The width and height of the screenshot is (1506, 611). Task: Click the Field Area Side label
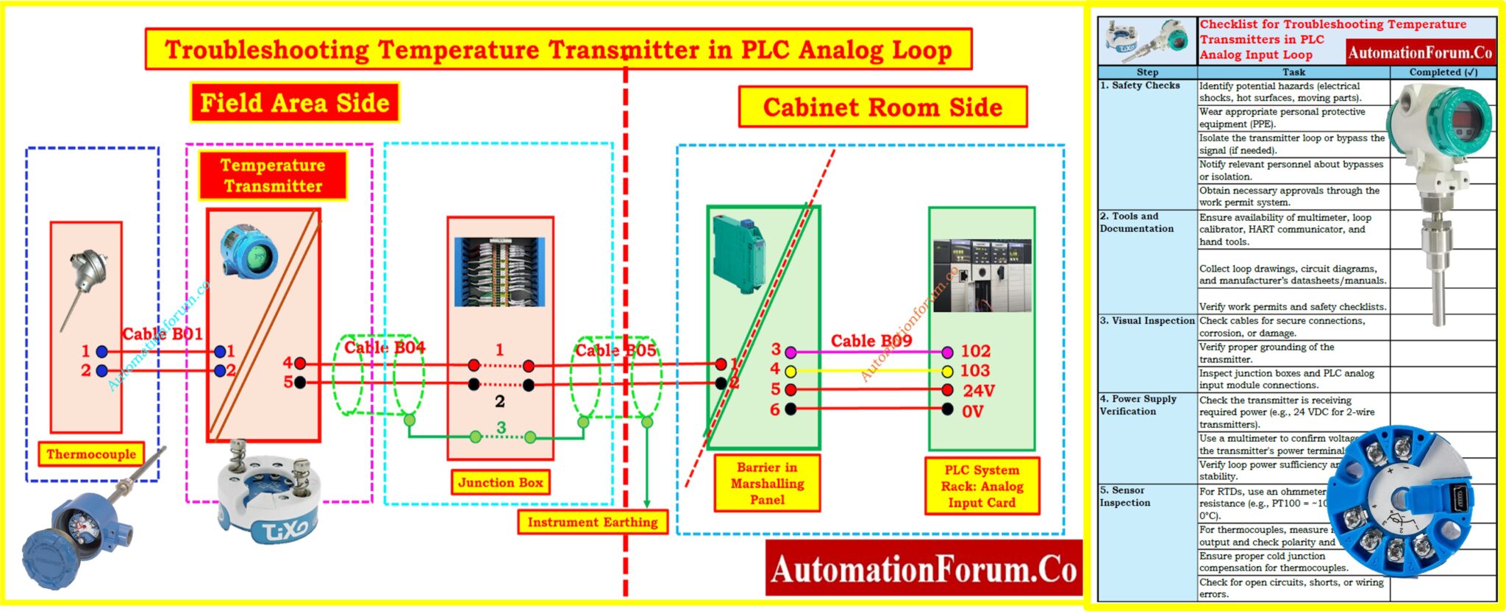[x=294, y=102]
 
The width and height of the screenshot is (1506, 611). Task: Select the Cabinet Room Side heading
[x=882, y=107]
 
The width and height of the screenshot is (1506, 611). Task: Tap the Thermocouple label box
[x=91, y=454]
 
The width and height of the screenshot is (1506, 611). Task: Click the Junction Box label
[x=500, y=483]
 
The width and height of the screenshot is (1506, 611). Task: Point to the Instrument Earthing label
[x=592, y=522]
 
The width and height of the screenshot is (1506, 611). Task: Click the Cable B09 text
[x=871, y=341]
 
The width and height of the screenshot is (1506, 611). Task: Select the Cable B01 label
[x=162, y=334]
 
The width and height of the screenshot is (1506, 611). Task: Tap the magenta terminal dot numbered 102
[x=947, y=352]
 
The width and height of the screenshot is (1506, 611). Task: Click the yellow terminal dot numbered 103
[x=947, y=371]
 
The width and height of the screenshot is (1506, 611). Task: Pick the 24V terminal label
[x=978, y=391]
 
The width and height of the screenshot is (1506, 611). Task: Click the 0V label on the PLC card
[x=972, y=412]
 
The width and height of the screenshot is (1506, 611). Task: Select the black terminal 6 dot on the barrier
[x=791, y=409]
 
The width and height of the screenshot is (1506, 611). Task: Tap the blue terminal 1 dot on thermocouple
[x=101, y=352]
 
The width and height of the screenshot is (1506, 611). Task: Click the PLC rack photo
[x=981, y=275]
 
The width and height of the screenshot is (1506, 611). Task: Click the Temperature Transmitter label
[x=273, y=175]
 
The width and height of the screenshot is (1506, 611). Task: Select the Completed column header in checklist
[x=1443, y=72]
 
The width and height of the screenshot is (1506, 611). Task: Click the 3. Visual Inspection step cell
[x=1147, y=321]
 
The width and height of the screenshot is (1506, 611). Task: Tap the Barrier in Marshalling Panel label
[x=767, y=484]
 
